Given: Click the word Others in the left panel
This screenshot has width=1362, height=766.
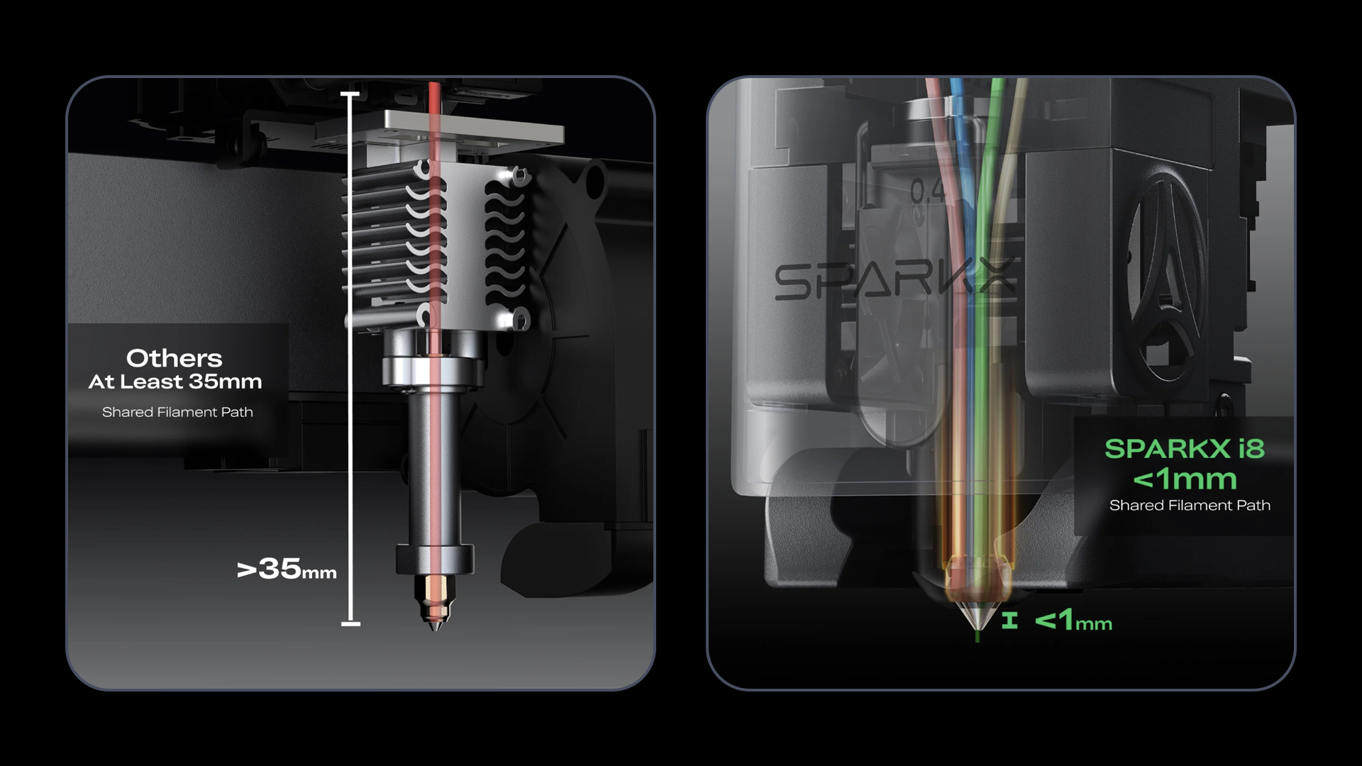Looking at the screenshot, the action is pos(175,358).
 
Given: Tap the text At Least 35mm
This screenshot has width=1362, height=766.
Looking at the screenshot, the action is pos(175,382).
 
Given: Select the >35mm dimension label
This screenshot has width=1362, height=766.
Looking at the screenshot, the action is pos(287,569).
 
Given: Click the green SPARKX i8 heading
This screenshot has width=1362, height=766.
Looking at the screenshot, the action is pos(1185,448).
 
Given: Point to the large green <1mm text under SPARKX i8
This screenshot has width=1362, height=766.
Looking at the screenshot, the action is pos(1185,479).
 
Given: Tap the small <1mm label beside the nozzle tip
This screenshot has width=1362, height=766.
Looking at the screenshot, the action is pos(1073,621).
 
